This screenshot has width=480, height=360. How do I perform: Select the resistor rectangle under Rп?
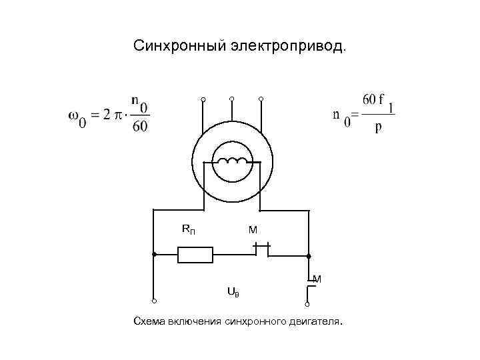(195, 255)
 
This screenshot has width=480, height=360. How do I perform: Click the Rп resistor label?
(189, 230)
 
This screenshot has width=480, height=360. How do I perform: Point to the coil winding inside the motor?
(231, 161)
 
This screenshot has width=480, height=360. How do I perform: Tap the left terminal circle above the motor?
(203, 100)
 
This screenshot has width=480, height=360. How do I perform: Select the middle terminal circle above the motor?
(232, 99)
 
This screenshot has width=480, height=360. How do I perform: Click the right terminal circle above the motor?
(261, 99)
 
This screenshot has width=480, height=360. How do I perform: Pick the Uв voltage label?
(233, 291)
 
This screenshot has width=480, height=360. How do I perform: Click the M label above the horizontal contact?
(253, 230)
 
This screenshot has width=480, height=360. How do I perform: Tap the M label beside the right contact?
(317, 279)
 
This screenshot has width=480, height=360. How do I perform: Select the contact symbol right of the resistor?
(261, 250)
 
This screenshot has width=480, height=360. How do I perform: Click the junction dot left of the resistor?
(153, 255)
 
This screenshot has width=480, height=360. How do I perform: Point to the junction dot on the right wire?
(309, 255)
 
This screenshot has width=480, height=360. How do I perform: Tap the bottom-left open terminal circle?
(153, 301)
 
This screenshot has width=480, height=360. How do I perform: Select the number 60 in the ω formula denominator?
(140, 127)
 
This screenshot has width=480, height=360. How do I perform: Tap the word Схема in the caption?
(150, 323)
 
